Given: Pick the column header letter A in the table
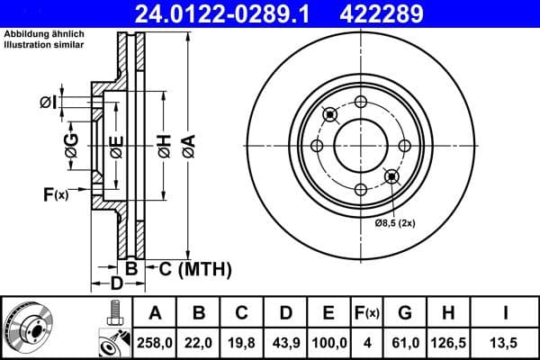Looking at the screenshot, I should [155, 313].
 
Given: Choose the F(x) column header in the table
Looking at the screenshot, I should [366, 313].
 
